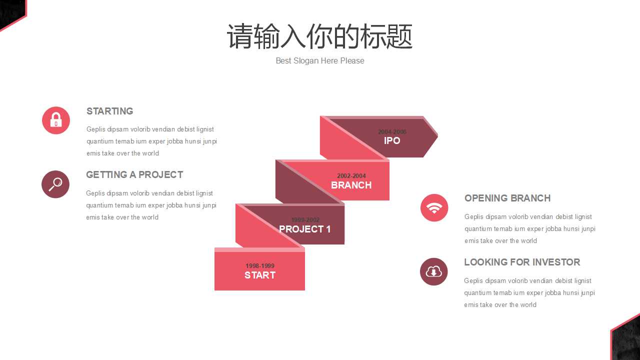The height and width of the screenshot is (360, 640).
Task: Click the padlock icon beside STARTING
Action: point(56,120)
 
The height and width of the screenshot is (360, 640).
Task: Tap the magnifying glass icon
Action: point(55,184)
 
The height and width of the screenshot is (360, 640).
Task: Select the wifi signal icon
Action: point(434,207)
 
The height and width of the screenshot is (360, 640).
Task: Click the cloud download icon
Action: point(433,271)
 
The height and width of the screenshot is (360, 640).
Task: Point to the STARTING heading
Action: point(109,111)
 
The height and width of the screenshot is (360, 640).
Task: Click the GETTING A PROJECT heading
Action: point(134,174)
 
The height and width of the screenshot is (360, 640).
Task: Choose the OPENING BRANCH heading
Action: point(507,198)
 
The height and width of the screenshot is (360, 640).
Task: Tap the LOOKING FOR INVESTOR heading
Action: point(521,262)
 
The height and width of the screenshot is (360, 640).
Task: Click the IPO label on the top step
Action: point(392,141)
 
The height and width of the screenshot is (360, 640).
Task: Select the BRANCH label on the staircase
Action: point(351,185)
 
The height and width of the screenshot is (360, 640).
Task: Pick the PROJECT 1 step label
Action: point(304,229)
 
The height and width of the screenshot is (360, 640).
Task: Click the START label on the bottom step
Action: point(259,275)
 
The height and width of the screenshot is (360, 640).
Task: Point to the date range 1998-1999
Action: point(260,266)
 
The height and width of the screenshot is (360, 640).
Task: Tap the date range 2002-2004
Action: point(351,176)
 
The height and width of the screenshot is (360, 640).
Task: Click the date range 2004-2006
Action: point(392,132)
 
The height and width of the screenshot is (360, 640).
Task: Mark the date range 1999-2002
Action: point(305,220)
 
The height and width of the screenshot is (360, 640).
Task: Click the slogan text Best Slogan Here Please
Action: point(320,60)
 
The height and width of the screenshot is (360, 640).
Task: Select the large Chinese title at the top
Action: point(320,36)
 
